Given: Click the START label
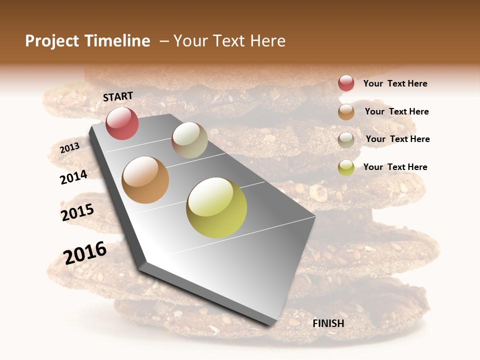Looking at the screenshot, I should [x=118, y=96].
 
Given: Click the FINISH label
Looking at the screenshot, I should [x=328, y=323].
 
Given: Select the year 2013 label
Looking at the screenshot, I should [x=69, y=147].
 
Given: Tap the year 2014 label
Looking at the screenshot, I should [x=73, y=177].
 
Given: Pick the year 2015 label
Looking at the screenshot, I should [x=77, y=212].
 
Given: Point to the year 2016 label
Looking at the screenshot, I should [x=85, y=252].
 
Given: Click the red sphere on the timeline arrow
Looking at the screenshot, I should [x=122, y=123].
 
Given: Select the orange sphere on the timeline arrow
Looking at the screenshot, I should [x=145, y=180].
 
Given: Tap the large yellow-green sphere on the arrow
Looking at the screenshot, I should [x=216, y=207].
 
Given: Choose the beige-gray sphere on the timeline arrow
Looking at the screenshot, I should [x=189, y=140].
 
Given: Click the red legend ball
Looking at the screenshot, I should [x=346, y=83].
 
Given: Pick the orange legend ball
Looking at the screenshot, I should [x=346, y=112].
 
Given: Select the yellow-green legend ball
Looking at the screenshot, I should [x=346, y=167].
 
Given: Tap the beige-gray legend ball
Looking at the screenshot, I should [x=346, y=139].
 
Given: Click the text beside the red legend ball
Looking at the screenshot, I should [x=395, y=84].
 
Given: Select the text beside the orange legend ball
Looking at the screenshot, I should [x=396, y=111].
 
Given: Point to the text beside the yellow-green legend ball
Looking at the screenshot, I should [x=395, y=167].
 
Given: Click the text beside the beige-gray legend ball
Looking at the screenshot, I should [x=397, y=139].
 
